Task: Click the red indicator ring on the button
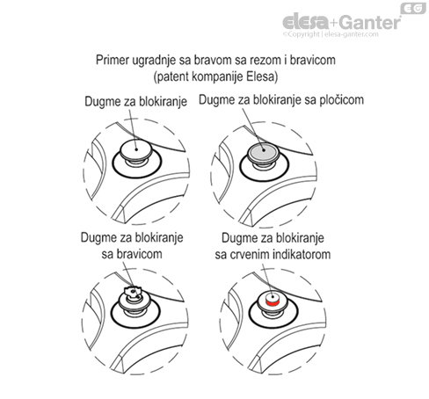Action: [x=273, y=302]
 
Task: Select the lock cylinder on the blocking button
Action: [x=133, y=293]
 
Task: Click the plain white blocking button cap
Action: [x=135, y=149]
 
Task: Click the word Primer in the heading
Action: [x=113, y=61]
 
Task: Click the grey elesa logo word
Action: [x=306, y=22]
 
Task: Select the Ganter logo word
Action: [x=370, y=22]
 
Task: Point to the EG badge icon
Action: [x=413, y=8]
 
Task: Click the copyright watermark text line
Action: [x=331, y=34]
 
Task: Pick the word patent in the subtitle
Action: [x=171, y=77]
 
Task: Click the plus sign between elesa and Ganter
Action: [x=334, y=23]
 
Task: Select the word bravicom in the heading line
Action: [x=313, y=61]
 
